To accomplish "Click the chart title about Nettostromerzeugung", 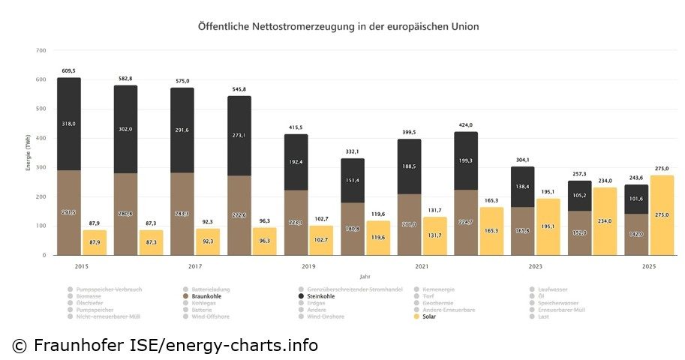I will coord(338,26).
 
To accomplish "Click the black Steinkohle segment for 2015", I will coord(69,124).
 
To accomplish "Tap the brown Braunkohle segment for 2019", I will coord(296,223).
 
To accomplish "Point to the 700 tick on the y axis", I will coord(41,50).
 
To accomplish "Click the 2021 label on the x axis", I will coord(421,267).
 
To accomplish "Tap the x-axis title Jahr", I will coord(364,277).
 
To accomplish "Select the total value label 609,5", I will coord(69,70).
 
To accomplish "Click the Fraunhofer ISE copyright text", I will coord(164,345).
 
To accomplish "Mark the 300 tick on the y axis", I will coord(41,167).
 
